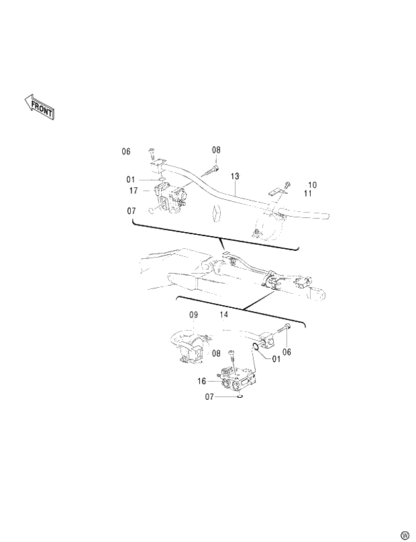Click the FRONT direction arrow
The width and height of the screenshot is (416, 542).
point(39,107)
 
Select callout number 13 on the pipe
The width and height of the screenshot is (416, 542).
point(235,176)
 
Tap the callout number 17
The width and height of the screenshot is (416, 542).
point(134,191)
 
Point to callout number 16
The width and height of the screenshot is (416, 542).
point(201,381)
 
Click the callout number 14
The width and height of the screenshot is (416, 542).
point(224,315)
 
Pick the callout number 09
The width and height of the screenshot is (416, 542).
point(193,315)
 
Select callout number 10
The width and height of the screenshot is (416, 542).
point(312,184)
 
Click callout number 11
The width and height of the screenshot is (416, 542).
point(308,194)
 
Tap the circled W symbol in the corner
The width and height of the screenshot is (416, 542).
point(405,535)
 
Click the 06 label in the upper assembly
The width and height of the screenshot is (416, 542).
point(126,152)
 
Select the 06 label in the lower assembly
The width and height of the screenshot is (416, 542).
point(287,352)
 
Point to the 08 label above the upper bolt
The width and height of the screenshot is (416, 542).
point(216,150)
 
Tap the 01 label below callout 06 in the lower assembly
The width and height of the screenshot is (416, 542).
point(276,358)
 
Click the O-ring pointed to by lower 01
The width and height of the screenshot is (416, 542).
point(256,347)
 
